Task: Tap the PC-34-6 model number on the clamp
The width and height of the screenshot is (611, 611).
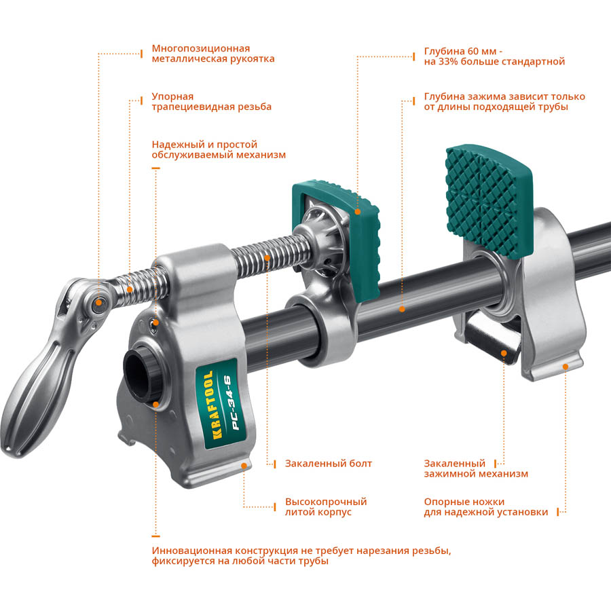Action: [x=232, y=403]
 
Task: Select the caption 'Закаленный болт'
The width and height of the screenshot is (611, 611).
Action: [x=328, y=463]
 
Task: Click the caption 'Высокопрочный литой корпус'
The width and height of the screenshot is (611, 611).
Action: [x=326, y=506]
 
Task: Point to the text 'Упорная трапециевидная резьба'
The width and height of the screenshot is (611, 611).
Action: [x=212, y=101]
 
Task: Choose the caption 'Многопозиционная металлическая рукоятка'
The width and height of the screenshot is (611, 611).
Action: [x=213, y=54]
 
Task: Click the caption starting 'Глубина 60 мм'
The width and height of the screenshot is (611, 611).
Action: [x=494, y=56]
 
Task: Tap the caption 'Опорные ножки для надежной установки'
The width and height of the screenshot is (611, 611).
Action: [x=486, y=506]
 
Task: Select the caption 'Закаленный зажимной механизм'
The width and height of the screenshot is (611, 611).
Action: [x=476, y=468]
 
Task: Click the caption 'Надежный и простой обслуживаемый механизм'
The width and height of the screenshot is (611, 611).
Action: [x=219, y=149]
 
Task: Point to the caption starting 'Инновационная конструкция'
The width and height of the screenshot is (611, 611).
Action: [x=301, y=555]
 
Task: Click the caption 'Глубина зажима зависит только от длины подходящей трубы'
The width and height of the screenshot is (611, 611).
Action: [x=504, y=101]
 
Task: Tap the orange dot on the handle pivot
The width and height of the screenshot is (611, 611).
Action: [x=99, y=302]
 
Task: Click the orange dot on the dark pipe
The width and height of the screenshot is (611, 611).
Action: [x=402, y=309]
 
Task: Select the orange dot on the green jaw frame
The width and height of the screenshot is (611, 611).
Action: [x=357, y=212]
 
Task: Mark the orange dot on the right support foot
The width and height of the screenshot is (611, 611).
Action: [x=566, y=367]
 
